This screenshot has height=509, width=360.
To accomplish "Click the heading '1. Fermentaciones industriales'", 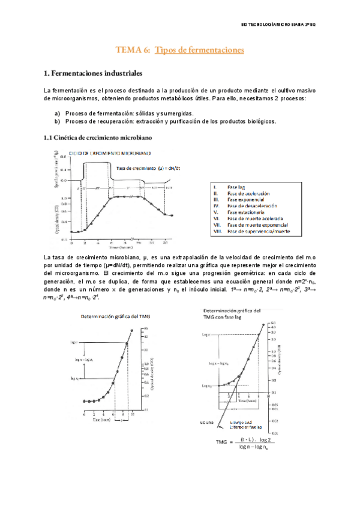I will click(x=93, y=74).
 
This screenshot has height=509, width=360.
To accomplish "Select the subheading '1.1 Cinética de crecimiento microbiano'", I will click(x=98, y=137).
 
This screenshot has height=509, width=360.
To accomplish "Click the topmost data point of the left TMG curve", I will click(x=127, y=343).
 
